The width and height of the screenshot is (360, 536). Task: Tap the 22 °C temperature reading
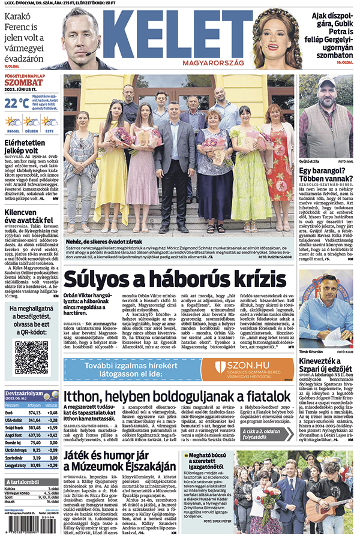pos(17,103)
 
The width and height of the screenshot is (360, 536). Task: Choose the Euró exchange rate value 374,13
pos(34,412)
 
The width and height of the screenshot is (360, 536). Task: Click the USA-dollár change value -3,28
pos(53,420)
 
